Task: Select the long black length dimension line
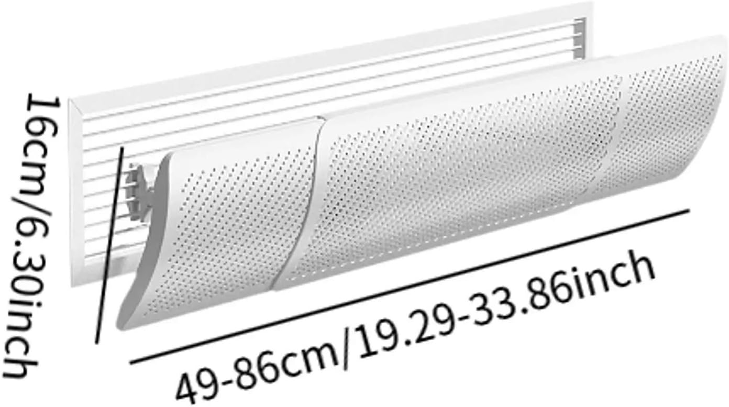[x=408, y=286]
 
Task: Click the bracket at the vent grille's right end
[x=579, y=37]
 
